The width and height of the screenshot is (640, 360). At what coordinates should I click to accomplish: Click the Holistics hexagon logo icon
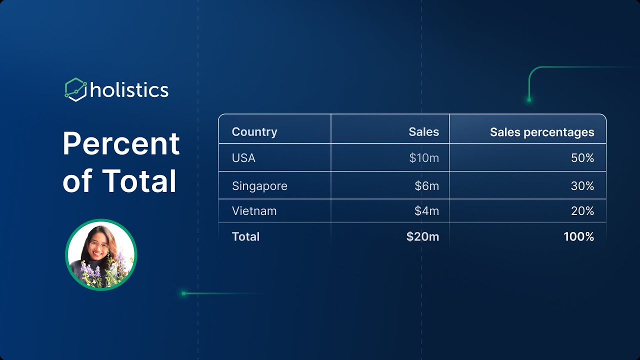[x=75, y=89]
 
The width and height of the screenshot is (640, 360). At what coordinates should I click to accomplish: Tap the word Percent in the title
[x=121, y=143]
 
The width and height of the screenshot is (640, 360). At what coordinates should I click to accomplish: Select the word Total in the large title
[x=139, y=181]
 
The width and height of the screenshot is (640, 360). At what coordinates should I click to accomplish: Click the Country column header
[x=254, y=132]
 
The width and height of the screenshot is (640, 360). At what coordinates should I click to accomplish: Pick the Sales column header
[x=423, y=131]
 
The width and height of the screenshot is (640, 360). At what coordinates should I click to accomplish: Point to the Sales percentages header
[x=542, y=132]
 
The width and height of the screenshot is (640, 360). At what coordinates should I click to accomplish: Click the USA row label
[x=243, y=157]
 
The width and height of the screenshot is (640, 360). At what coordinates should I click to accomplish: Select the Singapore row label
[x=259, y=186]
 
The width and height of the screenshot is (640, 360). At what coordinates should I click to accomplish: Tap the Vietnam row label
[x=254, y=211]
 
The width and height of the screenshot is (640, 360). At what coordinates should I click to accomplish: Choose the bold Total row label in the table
[x=245, y=236]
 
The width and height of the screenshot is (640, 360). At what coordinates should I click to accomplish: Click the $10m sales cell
[x=424, y=157]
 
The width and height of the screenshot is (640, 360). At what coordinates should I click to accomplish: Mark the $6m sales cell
[x=427, y=186]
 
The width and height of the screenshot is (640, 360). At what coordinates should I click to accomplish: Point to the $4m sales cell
[x=427, y=211]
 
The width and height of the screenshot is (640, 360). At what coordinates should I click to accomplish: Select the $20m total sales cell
[x=422, y=236]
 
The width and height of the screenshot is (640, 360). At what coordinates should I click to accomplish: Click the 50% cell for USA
[x=582, y=157]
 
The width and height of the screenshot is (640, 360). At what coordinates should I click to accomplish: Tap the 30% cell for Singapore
[x=582, y=186]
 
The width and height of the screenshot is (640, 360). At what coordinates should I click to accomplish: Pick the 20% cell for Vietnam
[x=582, y=211]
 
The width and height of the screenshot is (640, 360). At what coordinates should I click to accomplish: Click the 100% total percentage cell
[x=579, y=236]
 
